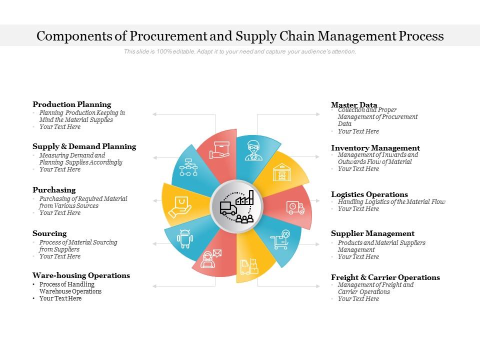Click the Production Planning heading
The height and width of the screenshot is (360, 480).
tap(72, 104)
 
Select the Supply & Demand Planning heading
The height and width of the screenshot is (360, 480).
tap(84, 146)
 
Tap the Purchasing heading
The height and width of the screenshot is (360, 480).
tap(54, 190)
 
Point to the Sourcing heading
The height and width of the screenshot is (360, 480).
tap(49, 233)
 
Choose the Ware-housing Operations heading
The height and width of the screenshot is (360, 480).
tap(81, 275)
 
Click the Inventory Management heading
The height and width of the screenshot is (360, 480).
tap(375, 148)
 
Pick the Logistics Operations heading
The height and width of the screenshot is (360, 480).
tap(369, 194)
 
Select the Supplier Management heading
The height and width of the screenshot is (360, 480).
tap(372, 233)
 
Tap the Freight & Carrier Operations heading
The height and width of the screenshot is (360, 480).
tap(385, 277)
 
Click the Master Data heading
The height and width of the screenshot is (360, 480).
tap(354, 105)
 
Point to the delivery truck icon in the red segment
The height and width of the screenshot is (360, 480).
tap(295, 207)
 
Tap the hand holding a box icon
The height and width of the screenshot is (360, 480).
tap(219, 150)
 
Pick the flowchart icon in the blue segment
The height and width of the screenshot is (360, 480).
tap(188, 167)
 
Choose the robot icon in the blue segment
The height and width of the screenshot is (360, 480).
tap(185, 238)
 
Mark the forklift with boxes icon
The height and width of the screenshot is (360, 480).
tap(249, 266)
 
